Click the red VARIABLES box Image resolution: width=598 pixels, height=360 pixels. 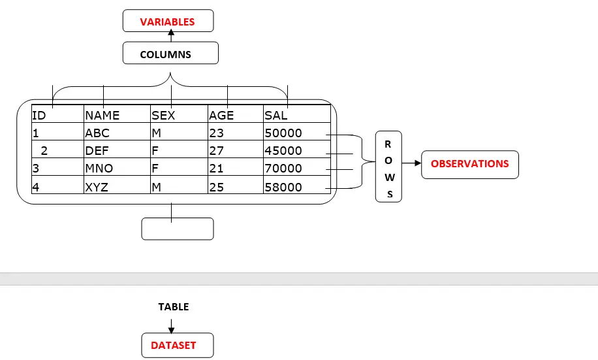(168, 22)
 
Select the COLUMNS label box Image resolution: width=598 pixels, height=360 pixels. (170, 54)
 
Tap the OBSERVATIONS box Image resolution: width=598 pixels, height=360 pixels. (470, 164)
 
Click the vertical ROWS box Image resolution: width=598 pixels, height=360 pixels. (388, 166)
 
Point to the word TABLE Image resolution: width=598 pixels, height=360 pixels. (174, 306)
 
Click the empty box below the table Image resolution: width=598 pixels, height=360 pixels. (178, 229)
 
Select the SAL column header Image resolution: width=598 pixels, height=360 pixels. (276, 116)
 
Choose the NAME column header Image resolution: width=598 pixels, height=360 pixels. (102, 116)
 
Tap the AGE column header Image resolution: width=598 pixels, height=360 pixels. (221, 116)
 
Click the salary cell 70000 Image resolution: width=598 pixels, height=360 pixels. (283, 169)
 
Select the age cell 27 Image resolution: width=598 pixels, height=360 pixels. (216, 151)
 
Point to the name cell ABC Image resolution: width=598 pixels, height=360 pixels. (98, 133)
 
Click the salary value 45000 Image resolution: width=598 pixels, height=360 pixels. (283, 151)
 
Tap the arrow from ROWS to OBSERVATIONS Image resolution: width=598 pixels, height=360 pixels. (411, 164)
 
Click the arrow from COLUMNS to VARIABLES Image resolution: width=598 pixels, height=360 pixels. (171, 37)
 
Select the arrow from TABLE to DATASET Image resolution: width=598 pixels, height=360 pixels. (171, 325)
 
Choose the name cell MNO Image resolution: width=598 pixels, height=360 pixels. (99, 169)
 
